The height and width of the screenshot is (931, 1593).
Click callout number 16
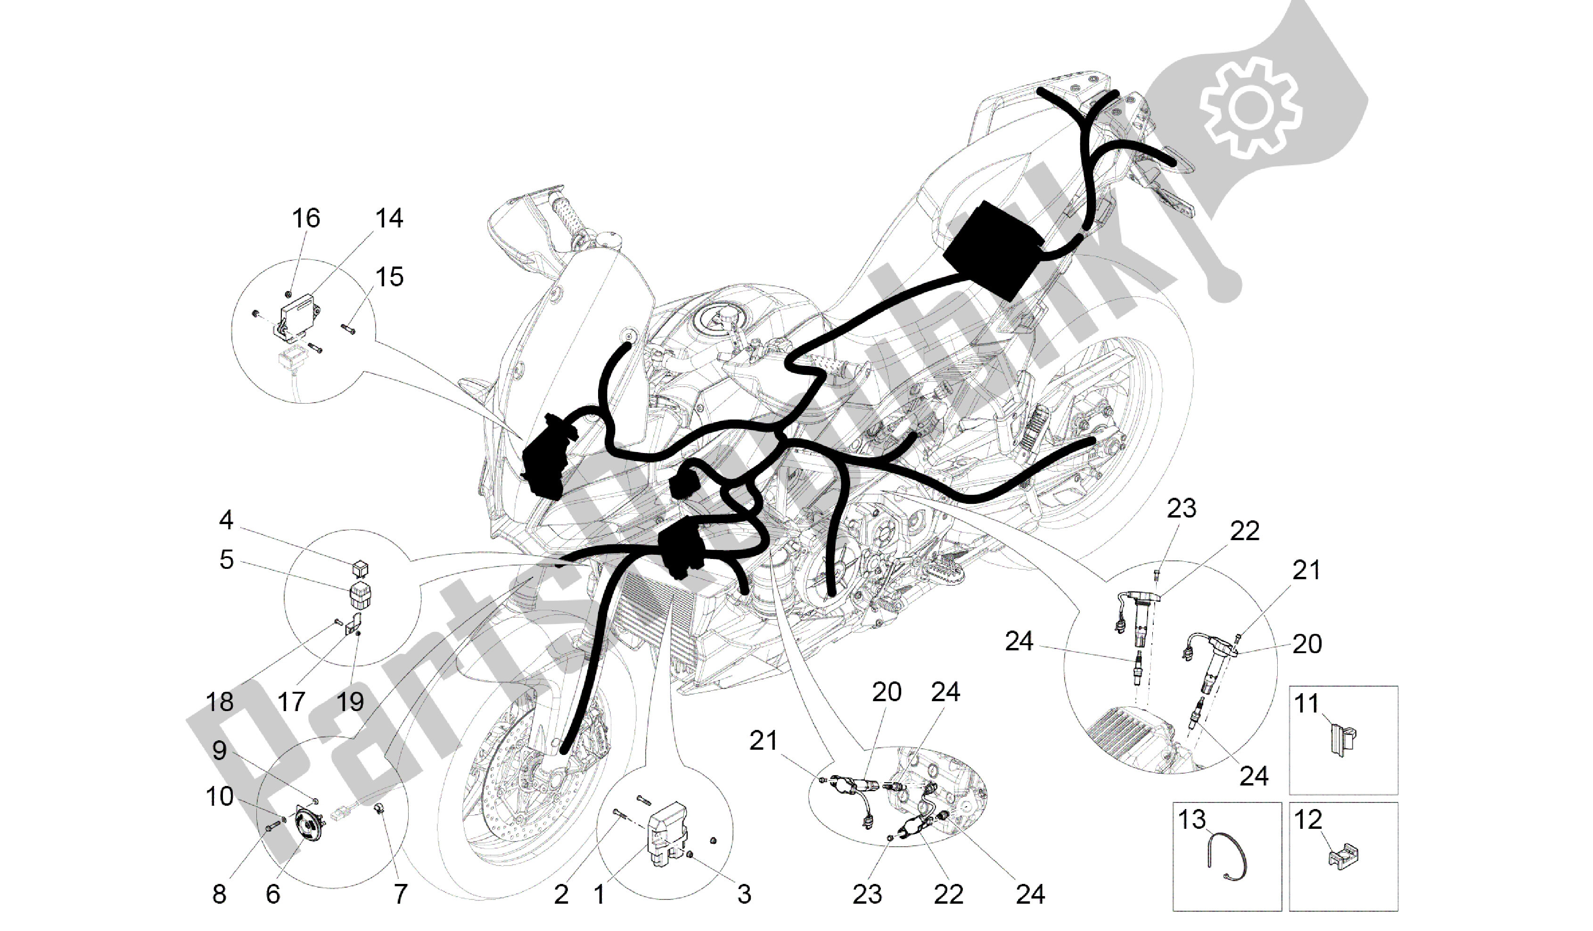click(305, 219)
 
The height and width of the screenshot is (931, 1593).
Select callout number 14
click(388, 219)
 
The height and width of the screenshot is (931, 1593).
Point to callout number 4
click(226, 521)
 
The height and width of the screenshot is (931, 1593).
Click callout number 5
click(226, 559)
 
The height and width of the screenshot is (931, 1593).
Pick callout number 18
click(219, 702)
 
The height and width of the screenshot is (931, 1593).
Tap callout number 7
click(400, 894)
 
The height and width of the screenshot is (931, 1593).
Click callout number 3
click(744, 894)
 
